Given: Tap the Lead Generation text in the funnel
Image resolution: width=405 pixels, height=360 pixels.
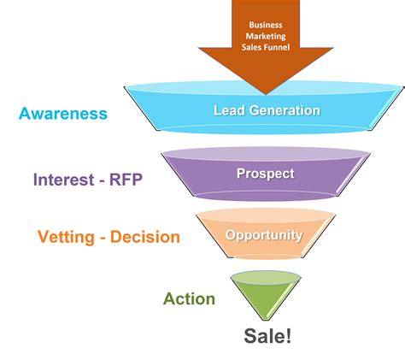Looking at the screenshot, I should point(267,110).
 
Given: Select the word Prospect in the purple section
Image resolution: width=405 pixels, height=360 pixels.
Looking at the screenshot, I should point(265,174).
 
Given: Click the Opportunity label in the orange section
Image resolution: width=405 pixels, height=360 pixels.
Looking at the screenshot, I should point(265,234).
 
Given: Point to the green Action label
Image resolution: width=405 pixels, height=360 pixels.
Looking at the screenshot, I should point(189,299).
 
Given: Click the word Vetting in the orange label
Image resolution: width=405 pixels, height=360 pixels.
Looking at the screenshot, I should point(65,237).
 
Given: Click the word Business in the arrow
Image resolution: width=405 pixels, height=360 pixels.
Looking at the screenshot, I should point(265,26).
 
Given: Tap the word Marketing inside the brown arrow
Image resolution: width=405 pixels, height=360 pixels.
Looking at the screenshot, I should point(265,37).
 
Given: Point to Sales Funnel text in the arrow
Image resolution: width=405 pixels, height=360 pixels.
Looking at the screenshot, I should point(265,48).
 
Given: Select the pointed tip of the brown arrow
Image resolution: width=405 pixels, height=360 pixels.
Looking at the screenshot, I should point(265,92).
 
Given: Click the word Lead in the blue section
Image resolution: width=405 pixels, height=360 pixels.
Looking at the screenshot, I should point(227,110).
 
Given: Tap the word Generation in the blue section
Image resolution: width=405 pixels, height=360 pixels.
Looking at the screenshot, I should point(281,110).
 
